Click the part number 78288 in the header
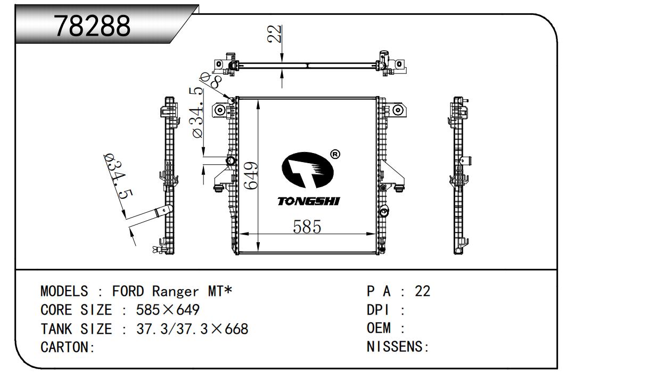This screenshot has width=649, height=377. click(93, 26)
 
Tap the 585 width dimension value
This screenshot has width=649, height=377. click(307, 227)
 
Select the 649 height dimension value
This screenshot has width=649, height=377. click(252, 175)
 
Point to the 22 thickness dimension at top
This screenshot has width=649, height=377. click(274, 34)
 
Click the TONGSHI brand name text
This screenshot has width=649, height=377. click(308, 201)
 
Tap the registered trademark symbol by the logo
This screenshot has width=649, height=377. click(335, 155)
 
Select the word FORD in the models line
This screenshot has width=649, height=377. click(128, 292)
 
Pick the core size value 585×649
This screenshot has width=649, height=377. click(168, 310)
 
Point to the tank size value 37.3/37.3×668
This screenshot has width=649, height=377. click(192, 329)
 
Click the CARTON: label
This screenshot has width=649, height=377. click(68, 348)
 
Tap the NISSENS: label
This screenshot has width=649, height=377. click(398, 347)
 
